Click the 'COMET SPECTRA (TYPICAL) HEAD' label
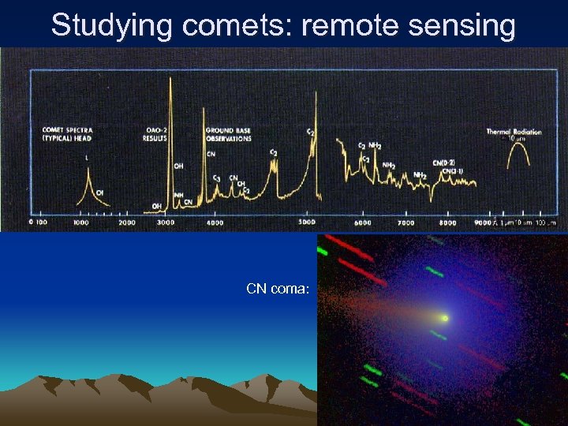(x=67, y=133)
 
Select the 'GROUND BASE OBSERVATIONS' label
(x=229, y=133)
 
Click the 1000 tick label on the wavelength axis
(x=82, y=223)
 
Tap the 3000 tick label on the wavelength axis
(x=166, y=223)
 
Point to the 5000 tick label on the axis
(x=307, y=223)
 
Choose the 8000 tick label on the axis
(x=447, y=223)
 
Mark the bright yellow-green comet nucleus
(x=445, y=319)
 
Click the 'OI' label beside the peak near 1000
(x=99, y=192)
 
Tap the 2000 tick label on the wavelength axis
(x=126, y=223)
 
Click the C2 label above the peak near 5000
(x=311, y=133)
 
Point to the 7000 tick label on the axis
(x=405, y=223)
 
